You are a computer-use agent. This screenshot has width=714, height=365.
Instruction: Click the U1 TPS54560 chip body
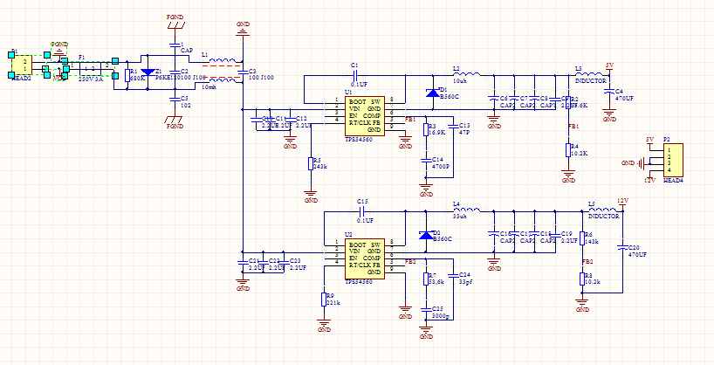pyautogui.click(x=364, y=117)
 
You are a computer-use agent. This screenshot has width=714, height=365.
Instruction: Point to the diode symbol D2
pyautogui.click(x=425, y=234)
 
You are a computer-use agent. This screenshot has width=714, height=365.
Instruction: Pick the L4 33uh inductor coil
pyautogui.click(x=467, y=210)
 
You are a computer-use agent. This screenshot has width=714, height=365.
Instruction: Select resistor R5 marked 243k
pyautogui.click(x=310, y=163)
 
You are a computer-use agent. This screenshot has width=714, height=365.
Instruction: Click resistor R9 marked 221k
pyautogui.click(x=324, y=300)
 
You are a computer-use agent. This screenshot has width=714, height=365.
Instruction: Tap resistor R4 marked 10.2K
pyautogui.click(x=567, y=150)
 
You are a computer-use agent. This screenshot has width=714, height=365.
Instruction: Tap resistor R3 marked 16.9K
pyautogui.click(x=426, y=130)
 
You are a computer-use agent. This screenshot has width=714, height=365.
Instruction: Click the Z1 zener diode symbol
pyautogui.click(x=148, y=72)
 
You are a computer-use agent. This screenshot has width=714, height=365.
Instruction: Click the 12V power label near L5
pyautogui.click(x=622, y=200)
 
